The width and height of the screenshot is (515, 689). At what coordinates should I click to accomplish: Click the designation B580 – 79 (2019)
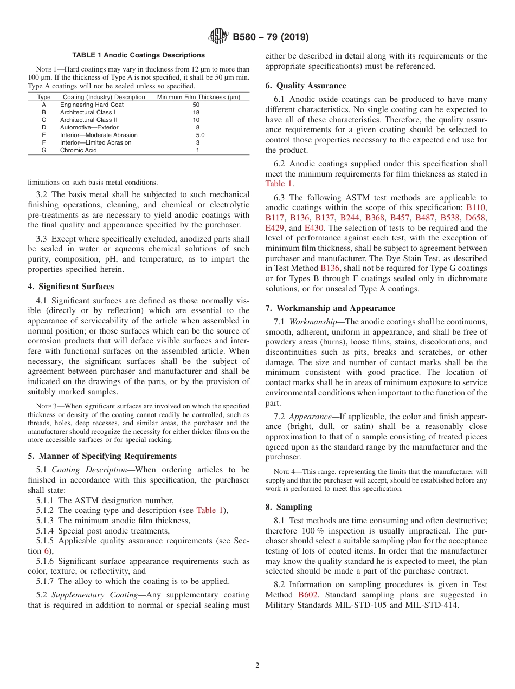271,37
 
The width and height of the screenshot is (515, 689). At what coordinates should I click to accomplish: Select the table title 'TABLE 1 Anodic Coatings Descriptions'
139,55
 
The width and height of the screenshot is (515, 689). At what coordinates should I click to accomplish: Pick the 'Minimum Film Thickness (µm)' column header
198,97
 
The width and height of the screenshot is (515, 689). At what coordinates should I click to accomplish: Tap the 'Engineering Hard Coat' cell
92,105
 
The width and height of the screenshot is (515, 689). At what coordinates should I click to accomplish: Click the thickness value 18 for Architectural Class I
196,112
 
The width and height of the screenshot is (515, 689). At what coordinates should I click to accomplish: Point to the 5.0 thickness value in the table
199,135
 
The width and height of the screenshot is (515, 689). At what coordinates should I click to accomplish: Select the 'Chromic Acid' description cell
78,150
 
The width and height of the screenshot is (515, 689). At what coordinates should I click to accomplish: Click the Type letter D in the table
44,127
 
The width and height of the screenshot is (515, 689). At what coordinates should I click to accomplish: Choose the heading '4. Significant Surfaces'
71,287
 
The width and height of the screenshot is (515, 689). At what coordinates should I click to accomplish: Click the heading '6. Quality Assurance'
306,86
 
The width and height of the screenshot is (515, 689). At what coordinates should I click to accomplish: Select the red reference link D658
476,217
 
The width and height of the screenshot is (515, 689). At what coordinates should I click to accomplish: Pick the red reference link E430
314,228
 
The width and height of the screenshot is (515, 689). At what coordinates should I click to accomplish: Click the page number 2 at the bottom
257,666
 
